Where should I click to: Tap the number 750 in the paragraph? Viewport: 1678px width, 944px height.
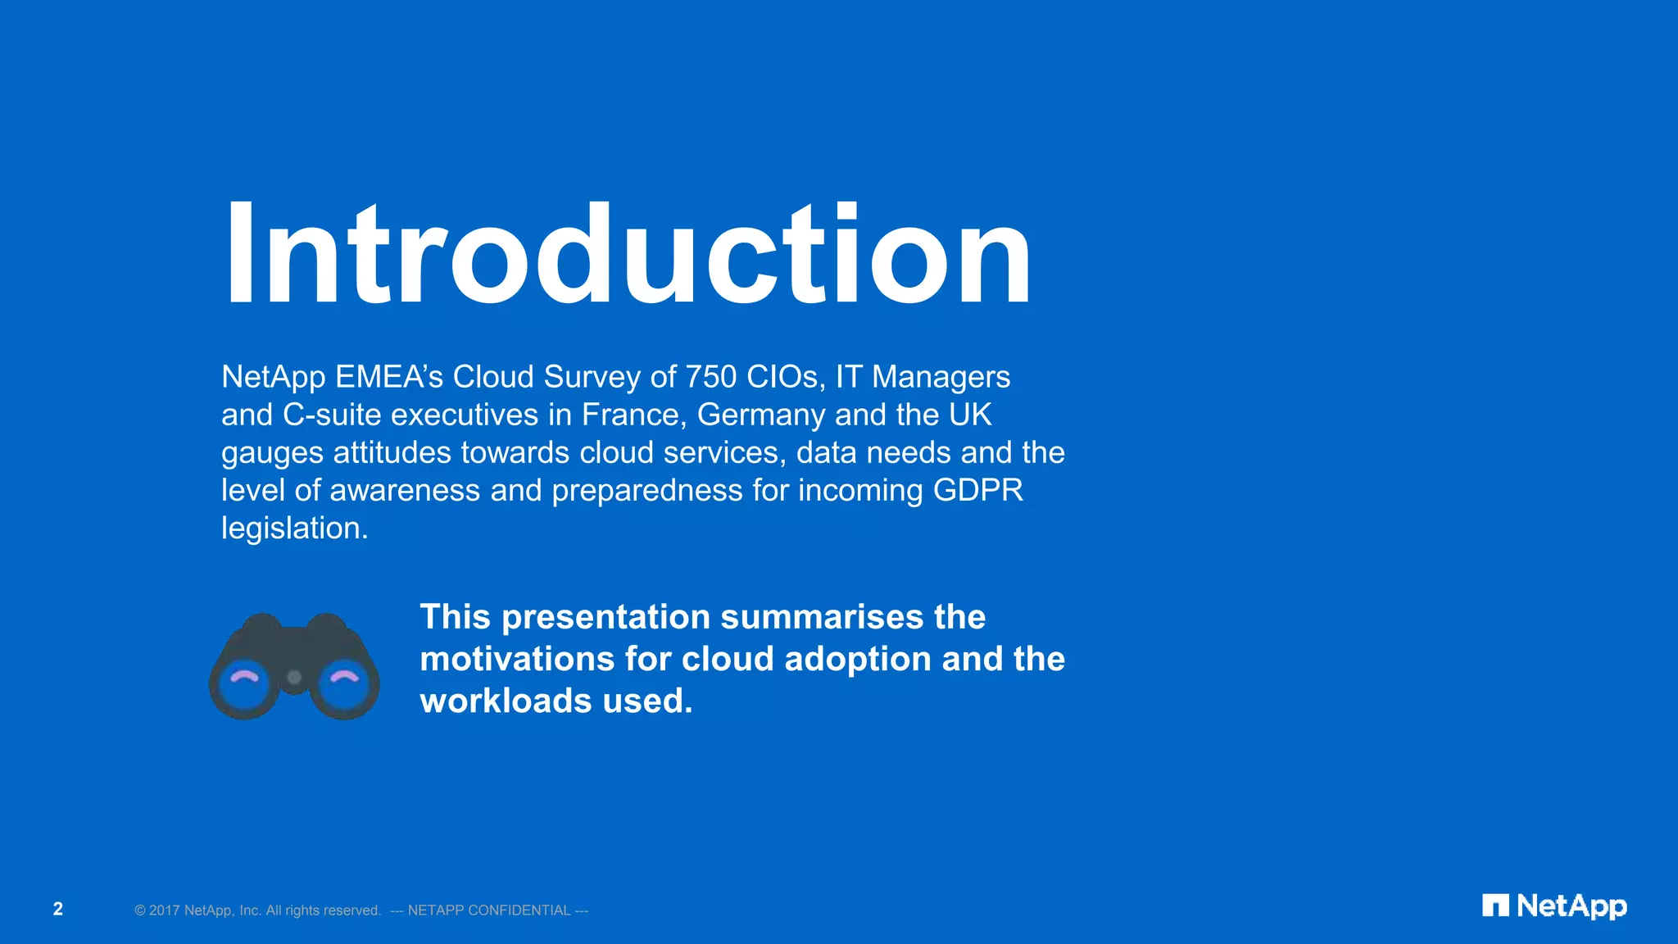pos(711,377)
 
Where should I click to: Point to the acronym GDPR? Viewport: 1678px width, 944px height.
pos(977,490)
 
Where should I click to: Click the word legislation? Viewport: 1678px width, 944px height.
pos(294,529)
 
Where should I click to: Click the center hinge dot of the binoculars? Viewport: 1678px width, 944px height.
pos(294,677)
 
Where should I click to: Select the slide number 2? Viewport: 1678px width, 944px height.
pos(58,909)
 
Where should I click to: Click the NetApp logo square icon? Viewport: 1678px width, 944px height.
pos(1495,905)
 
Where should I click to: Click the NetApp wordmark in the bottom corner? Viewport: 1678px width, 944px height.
pos(1571,906)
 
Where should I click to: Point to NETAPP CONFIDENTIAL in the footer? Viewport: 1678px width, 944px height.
pos(489,910)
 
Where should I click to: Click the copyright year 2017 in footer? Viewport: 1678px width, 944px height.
pos(164,910)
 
